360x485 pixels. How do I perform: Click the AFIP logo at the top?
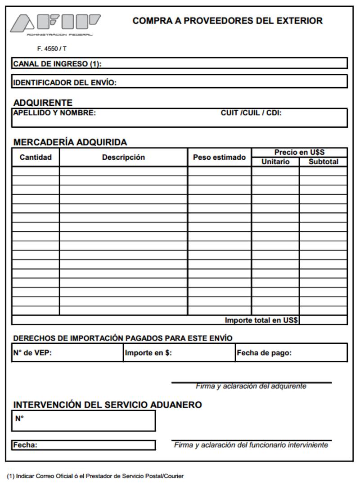(x=55, y=24)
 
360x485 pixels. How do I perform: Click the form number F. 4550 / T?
(x=52, y=49)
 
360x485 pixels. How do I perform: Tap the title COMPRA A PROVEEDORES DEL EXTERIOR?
(x=227, y=21)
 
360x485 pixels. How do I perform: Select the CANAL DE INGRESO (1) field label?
(x=57, y=64)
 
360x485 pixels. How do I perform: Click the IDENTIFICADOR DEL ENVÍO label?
(x=65, y=83)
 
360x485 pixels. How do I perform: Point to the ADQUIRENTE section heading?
(x=43, y=103)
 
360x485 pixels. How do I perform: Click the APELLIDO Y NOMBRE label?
(x=54, y=113)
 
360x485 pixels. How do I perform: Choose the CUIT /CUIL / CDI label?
(x=251, y=113)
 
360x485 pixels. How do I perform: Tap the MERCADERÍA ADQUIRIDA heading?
(x=70, y=142)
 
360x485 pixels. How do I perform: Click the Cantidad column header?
(x=36, y=157)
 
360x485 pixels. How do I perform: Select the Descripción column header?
(x=123, y=157)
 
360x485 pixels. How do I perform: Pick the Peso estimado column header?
(x=219, y=157)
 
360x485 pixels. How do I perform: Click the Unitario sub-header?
(x=275, y=162)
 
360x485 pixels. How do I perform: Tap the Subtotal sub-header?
(x=323, y=162)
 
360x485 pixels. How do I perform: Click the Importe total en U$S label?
(x=261, y=320)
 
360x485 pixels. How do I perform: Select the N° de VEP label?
(x=32, y=353)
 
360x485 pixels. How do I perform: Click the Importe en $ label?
(x=148, y=353)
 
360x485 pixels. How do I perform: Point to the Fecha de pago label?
(x=264, y=353)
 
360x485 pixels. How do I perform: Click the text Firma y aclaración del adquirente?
(x=251, y=386)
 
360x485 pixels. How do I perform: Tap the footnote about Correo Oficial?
(x=95, y=476)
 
